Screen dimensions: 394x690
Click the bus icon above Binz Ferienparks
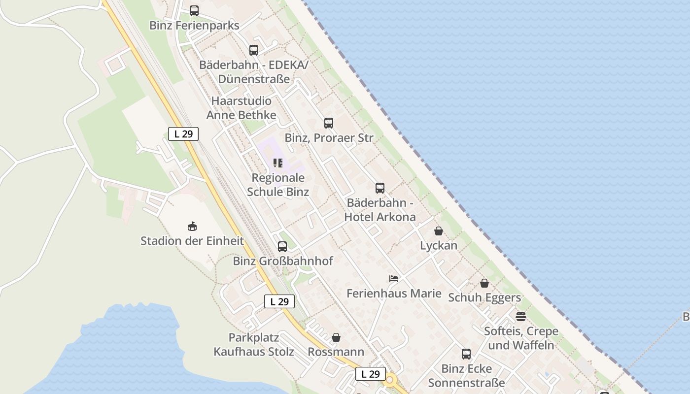[194, 10]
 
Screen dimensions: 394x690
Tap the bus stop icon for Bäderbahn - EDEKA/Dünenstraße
[253, 50]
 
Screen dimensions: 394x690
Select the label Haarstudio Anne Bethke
[241, 108]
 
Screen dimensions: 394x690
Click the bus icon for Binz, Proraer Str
[329, 123]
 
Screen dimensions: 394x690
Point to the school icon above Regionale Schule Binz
[278, 163]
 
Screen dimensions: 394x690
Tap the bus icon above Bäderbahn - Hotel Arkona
[379, 188]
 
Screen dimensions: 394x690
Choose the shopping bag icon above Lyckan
[439, 230]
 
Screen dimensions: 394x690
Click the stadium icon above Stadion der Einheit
[192, 226]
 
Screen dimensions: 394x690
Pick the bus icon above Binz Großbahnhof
[282, 246]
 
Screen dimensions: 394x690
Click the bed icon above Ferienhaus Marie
[393, 279]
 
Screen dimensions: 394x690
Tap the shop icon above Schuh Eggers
[484, 283]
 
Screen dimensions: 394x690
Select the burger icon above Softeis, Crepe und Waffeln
[521, 316]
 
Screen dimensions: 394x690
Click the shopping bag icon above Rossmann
[336, 337]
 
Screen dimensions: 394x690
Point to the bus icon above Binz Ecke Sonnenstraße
[466, 354]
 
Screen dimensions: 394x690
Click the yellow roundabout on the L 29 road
[390, 380]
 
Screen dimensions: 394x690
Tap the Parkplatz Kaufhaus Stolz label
[254, 345]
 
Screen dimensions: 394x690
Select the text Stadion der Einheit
[192, 241]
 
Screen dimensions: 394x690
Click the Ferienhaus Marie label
[394, 294]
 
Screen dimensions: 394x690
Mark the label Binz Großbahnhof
[283, 261]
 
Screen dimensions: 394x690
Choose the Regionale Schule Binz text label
[278, 185]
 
